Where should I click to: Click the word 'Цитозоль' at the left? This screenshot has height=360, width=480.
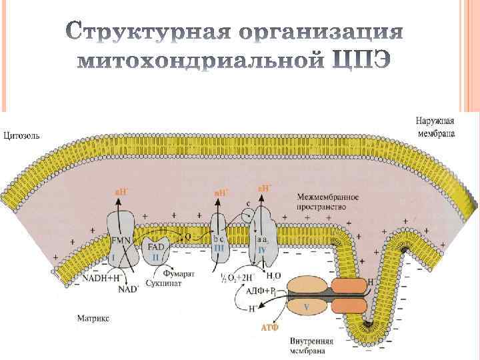click(22, 135)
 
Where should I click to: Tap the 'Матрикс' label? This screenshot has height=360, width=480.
click(92, 318)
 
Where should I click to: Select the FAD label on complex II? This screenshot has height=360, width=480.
click(156, 245)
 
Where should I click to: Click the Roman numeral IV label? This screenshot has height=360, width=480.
click(262, 248)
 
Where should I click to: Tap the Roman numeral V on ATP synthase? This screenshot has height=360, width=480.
click(306, 307)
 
